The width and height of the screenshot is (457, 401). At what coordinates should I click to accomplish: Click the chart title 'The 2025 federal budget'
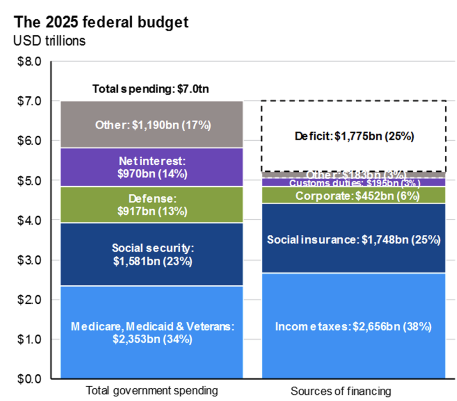pos(101,22)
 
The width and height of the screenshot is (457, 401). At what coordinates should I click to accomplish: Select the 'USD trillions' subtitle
pos(49,41)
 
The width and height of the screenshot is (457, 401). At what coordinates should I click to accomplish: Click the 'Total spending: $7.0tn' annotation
pos(151,89)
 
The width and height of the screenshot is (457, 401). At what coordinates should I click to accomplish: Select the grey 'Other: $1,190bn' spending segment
pos(152,125)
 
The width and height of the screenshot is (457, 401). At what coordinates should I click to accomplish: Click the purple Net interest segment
pos(152,167)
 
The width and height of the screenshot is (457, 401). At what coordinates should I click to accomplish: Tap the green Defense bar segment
pos(152,205)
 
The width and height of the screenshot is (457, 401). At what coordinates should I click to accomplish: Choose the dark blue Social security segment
pos(152,254)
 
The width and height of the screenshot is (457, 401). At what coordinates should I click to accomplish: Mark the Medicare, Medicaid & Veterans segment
pos(152,332)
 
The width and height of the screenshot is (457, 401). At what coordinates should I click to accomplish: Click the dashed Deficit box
pos(354,136)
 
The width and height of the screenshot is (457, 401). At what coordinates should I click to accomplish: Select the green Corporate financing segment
pos(354,195)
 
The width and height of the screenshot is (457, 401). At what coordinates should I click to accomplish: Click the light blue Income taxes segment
pos(354,326)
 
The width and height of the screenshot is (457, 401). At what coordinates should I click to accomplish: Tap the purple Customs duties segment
pos(354,183)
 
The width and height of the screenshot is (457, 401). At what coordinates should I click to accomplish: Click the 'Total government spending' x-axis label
pos(152,391)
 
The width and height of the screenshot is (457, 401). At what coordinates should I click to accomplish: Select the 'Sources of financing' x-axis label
pos(340,391)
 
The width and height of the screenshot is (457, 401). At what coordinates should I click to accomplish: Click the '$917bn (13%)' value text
pos(152,211)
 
